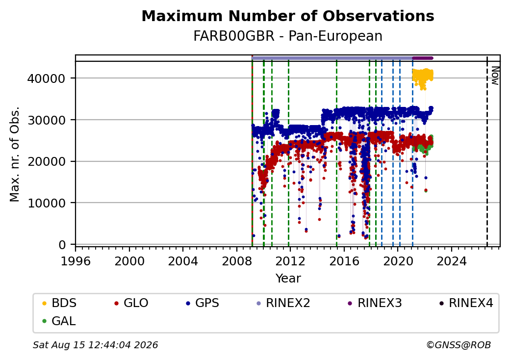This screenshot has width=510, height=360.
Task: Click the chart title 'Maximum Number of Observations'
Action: (288, 16)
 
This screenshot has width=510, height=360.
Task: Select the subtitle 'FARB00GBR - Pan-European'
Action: (288, 36)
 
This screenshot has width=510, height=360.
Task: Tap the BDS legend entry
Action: (59, 303)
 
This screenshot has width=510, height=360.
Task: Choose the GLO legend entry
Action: (131, 303)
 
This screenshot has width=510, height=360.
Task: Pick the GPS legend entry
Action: (203, 303)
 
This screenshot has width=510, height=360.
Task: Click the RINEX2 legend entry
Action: (283, 303)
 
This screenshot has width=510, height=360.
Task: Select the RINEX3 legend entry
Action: (375, 303)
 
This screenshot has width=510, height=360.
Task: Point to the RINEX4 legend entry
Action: (466, 303)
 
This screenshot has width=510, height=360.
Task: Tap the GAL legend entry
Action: (59, 321)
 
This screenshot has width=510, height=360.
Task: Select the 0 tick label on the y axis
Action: (62, 245)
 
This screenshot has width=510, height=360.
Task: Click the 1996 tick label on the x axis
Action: (76, 261)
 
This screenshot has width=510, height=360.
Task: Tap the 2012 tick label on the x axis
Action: (290, 261)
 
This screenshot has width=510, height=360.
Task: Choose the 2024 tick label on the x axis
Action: (452, 261)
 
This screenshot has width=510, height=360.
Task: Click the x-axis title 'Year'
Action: (288, 279)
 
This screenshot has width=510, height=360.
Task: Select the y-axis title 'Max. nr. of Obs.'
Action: (15, 154)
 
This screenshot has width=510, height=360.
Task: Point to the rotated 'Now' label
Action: (495, 76)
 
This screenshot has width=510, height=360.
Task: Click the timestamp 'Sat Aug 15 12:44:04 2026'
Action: (96, 345)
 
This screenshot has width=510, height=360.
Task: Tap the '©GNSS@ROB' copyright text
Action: (459, 345)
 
